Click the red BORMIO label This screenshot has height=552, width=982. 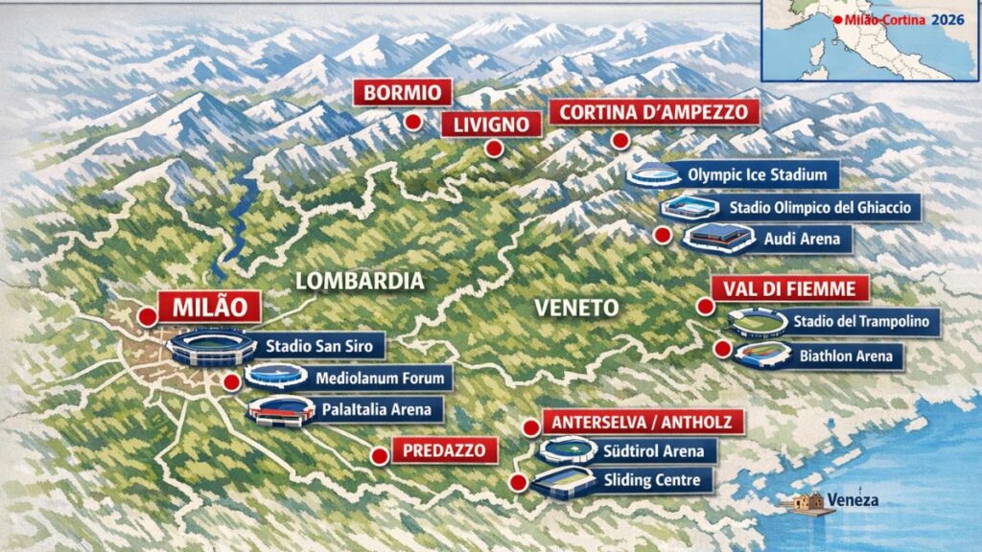pyautogui.click(x=402, y=93)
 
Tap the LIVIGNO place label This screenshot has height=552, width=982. pyautogui.click(x=484, y=124)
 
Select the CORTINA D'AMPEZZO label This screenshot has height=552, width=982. pyautogui.click(x=654, y=112)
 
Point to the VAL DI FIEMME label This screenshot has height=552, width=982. pyautogui.click(x=789, y=288)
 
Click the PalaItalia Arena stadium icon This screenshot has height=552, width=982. pyautogui.click(x=281, y=410)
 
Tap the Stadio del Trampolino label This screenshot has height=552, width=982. pyautogui.click(x=860, y=322)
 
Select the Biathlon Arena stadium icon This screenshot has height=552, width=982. pyautogui.click(x=762, y=355)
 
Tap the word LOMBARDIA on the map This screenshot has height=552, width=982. pyautogui.click(x=360, y=281)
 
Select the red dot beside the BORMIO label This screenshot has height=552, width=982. pyautogui.click(x=412, y=122)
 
